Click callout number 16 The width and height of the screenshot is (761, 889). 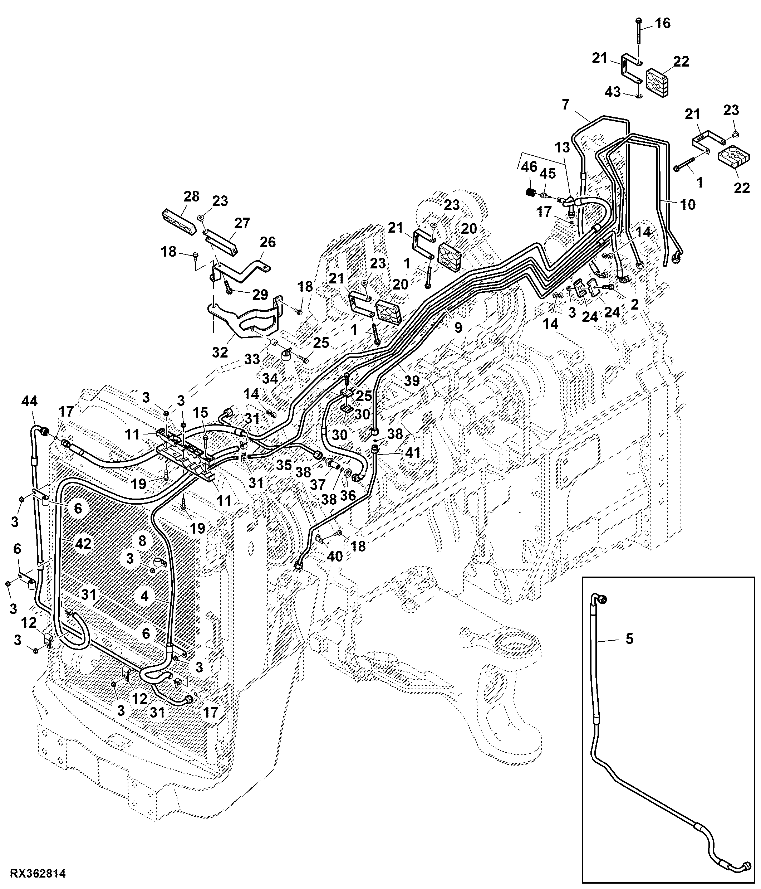click(x=663, y=23)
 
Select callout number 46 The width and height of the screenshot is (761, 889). click(x=529, y=166)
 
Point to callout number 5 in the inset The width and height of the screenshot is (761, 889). click(x=629, y=638)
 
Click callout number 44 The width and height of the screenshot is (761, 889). click(x=29, y=401)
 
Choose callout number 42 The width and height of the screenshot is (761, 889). click(x=83, y=544)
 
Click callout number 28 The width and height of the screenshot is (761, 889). click(x=191, y=196)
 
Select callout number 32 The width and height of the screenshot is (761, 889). click(x=220, y=352)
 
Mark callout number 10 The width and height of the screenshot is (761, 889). click(x=688, y=205)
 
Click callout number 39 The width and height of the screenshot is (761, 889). click(x=412, y=380)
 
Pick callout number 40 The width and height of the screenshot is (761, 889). click(x=335, y=556)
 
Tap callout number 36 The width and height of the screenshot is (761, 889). click(x=348, y=496)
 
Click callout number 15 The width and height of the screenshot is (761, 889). click(x=200, y=412)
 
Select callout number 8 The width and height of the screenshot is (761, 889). click(x=142, y=540)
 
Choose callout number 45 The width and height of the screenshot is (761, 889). click(x=548, y=174)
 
